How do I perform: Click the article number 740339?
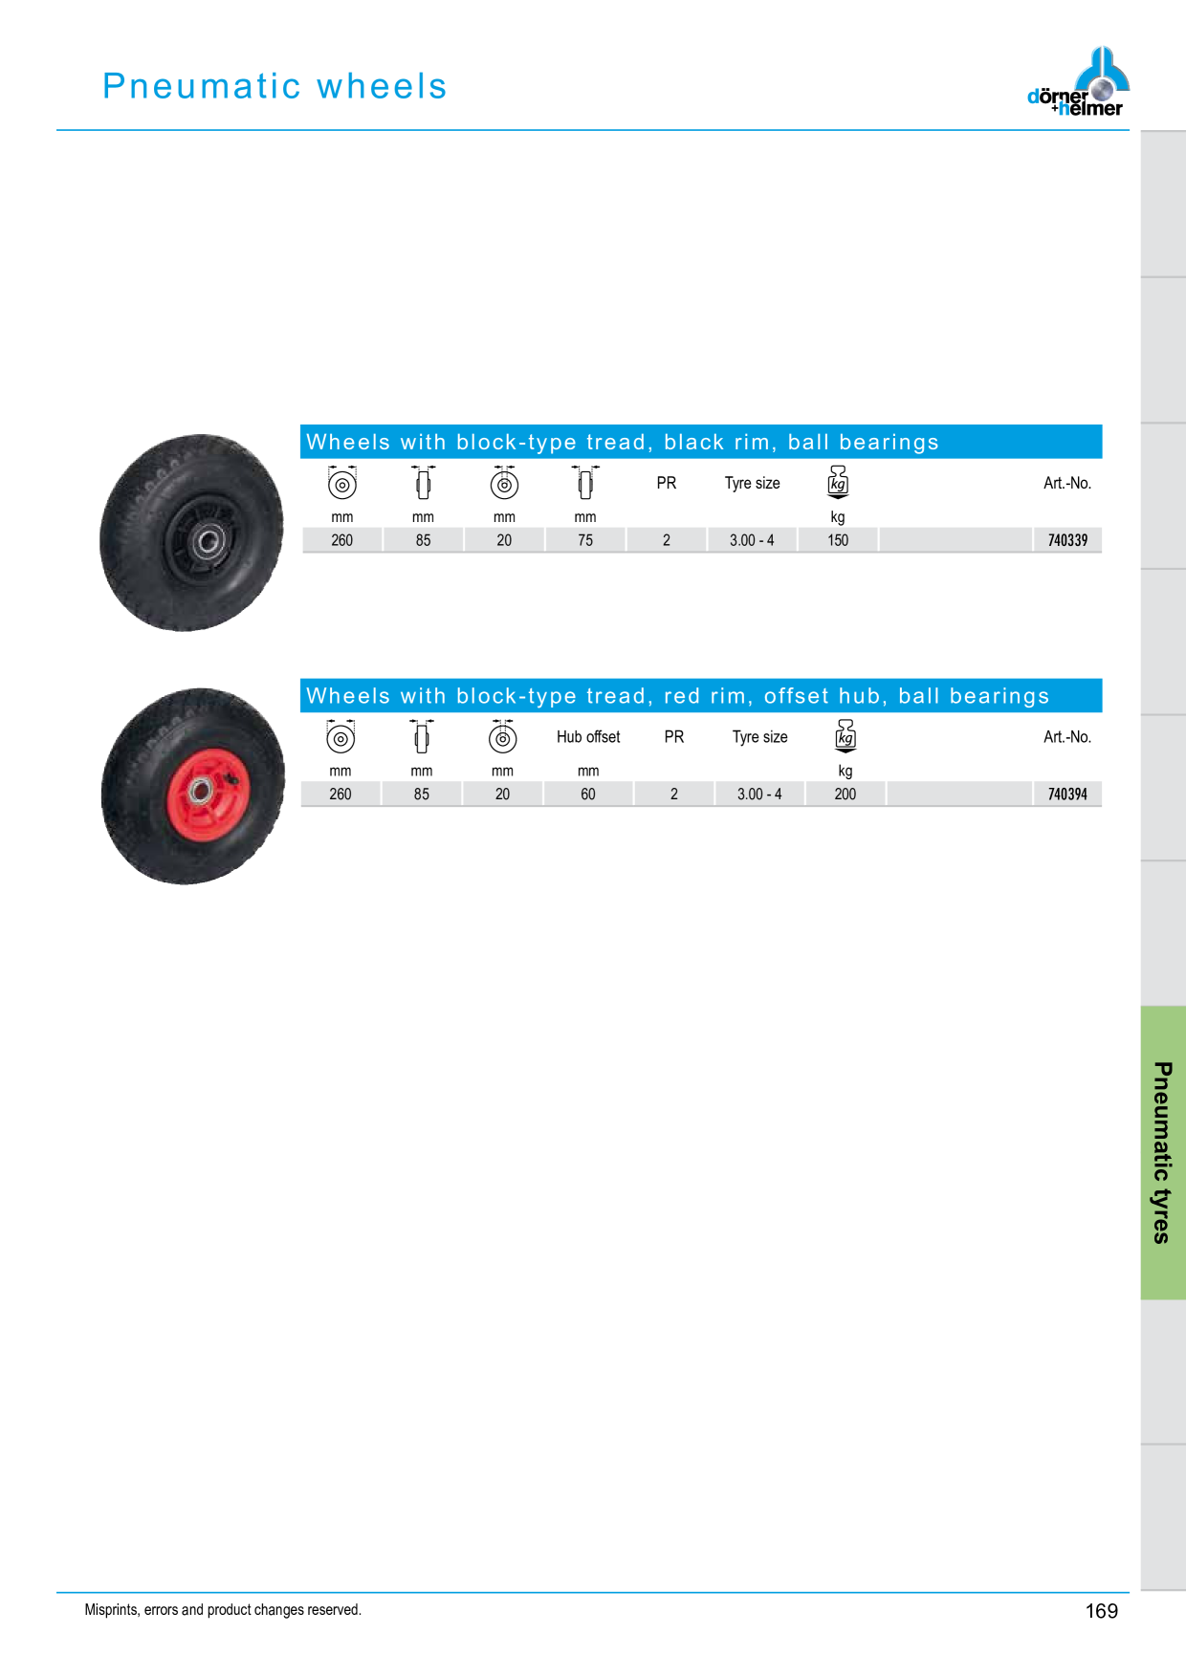click(x=1067, y=540)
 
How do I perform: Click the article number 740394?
click(x=1067, y=795)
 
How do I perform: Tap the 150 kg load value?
click(x=838, y=540)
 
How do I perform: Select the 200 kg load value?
click(x=846, y=795)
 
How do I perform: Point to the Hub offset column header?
click(x=588, y=737)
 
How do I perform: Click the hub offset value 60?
click(x=588, y=795)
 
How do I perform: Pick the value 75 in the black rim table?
click(x=585, y=540)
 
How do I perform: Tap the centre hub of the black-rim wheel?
click(x=209, y=543)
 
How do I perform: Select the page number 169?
click(x=1102, y=1611)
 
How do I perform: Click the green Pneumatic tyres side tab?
click(x=1163, y=1152)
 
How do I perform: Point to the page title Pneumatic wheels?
click(x=275, y=86)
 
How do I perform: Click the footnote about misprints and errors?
click(x=223, y=1610)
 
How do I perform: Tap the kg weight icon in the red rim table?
click(x=846, y=736)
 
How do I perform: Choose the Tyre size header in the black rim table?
click(x=753, y=484)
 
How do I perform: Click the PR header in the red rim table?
click(x=674, y=737)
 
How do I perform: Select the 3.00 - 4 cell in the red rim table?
click(x=759, y=795)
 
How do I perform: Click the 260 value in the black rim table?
click(x=342, y=540)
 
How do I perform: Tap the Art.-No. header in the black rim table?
click(x=1067, y=484)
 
